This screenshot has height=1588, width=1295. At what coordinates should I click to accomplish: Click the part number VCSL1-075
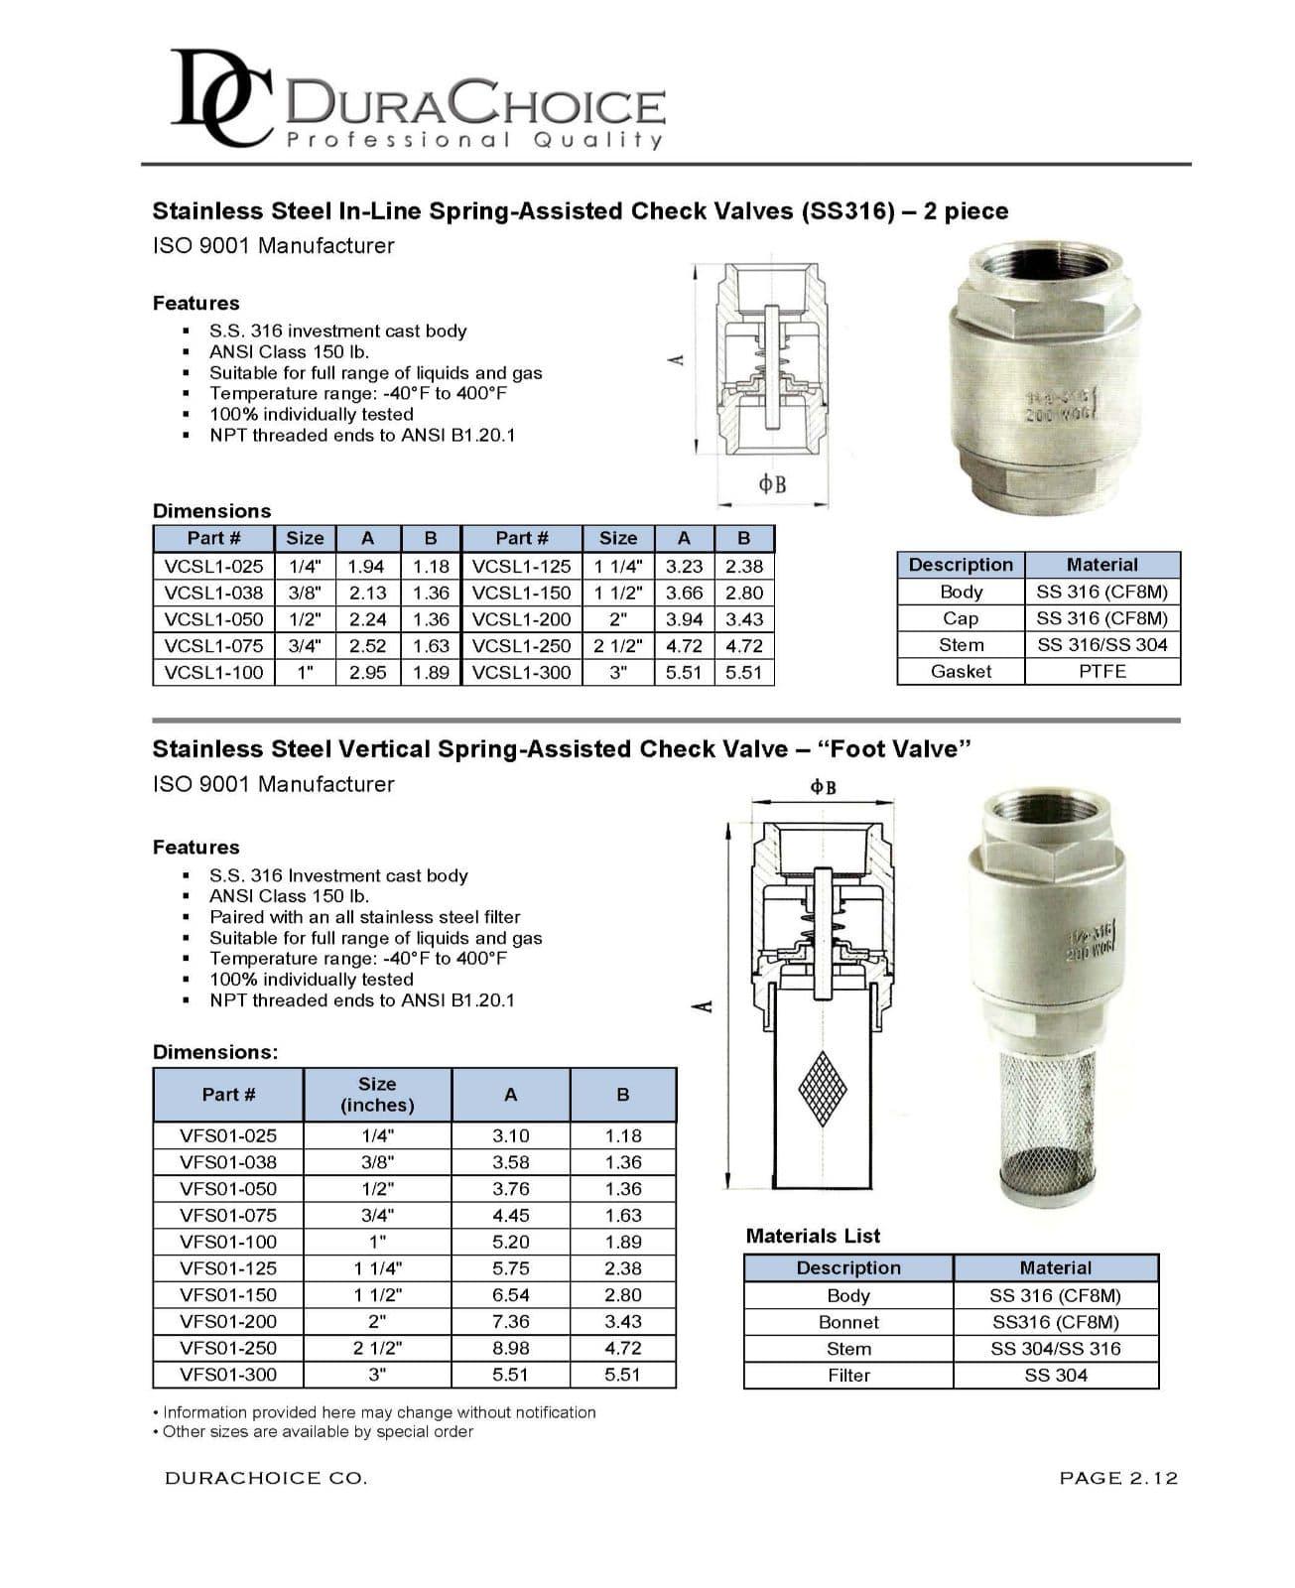pyautogui.click(x=213, y=645)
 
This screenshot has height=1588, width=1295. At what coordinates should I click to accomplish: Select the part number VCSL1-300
pyautogui.click(x=522, y=672)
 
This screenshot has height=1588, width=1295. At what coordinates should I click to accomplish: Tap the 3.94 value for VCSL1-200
pyautogui.click(x=684, y=619)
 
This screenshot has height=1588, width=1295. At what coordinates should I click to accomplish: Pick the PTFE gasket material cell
pyautogui.click(x=1101, y=671)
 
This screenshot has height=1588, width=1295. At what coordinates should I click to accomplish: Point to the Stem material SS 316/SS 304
pyautogui.click(x=1101, y=644)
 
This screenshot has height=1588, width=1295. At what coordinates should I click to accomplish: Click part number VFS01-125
pyautogui.click(x=228, y=1267)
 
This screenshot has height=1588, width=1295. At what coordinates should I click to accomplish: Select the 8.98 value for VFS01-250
pyautogui.click(x=510, y=1348)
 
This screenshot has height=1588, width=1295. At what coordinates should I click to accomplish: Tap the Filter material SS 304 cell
pyautogui.click(x=1055, y=1375)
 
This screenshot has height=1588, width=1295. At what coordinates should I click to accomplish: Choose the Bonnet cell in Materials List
pyautogui.click(x=848, y=1322)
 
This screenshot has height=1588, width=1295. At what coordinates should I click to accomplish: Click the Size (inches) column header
pyautogui.click(x=377, y=1094)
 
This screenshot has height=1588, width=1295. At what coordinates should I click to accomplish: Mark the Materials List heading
pyautogui.click(x=813, y=1236)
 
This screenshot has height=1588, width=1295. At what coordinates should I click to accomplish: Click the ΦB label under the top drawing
pyautogui.click(x=772, y=484)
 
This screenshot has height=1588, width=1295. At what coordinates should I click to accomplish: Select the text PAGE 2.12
pyautogui.click(x=1118, y=1478)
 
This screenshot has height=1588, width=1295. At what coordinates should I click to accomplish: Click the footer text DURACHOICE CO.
pyautogui.click(x=266, y=1478)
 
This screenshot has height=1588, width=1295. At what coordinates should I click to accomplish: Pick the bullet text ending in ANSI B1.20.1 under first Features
pyautogui.click(x=362, y=435)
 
